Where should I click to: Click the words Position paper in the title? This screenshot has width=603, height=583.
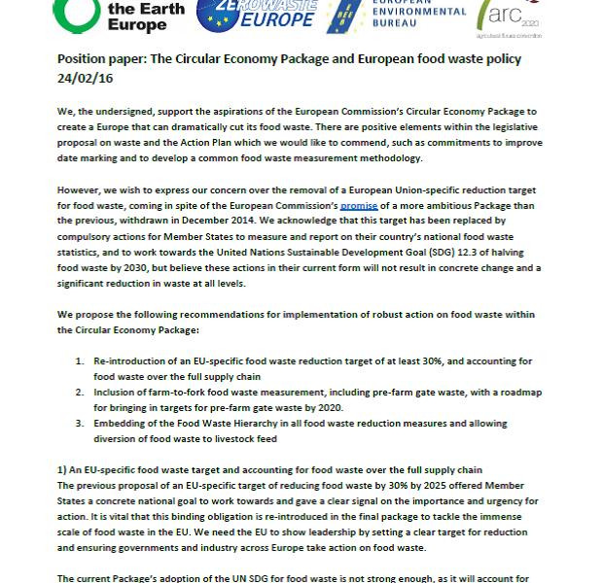[x=97, y=58]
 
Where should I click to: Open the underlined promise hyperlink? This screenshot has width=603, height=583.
[x=359, y=206]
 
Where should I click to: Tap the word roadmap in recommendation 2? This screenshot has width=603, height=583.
[x=516, y=393]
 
